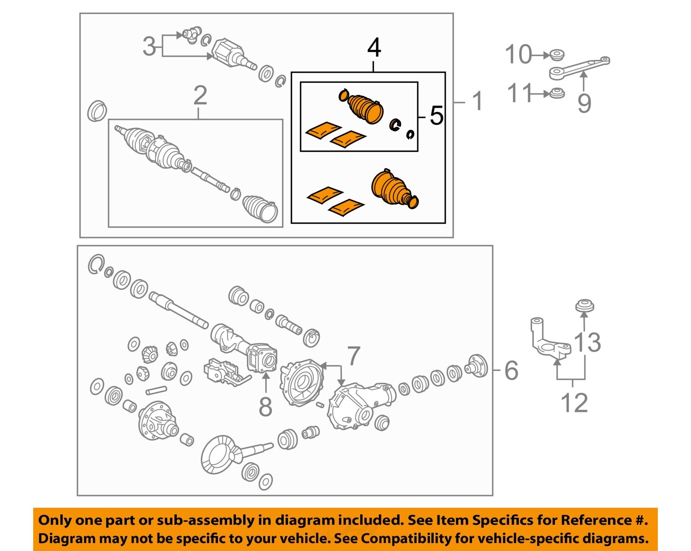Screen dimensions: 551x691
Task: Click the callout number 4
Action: pyautogui.click(x=374, y=48)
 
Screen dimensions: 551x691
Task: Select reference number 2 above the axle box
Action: pyautogui.click(x=200, y=96)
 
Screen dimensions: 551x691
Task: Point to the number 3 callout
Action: pyautogui.click(x=149, y=46)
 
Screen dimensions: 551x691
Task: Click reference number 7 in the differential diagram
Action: pyautogui.click(x=353, y=355)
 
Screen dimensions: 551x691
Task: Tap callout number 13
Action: pyautogui.click(x=588, y=342)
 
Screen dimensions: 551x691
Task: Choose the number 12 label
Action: pyautogui.click(x=574, y=403)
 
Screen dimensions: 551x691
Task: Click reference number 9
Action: pyautogui.click(x=584, y=102)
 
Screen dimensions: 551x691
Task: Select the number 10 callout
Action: pyautogui.click(x=518, y=55)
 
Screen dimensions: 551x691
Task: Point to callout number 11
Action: pyautogui.click(x=520, y=93)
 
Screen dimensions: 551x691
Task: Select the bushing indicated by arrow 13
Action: pyautogui.click(x=585, y=306)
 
